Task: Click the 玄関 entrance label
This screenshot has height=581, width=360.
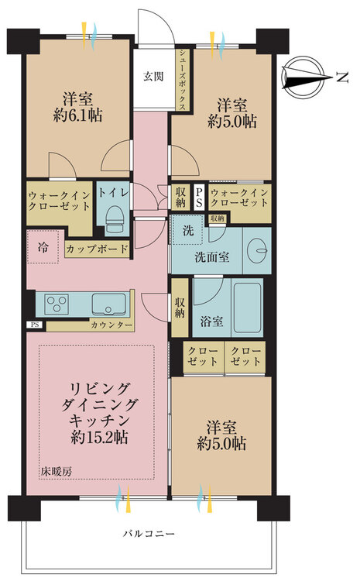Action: (x=153, y=77)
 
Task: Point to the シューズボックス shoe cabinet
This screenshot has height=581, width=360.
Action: (x=183, y=81)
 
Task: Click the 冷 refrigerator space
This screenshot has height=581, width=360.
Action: (x=43, y=247)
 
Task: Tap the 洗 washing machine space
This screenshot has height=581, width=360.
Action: (x=188, y=230)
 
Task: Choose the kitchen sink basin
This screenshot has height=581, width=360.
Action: (x=108, y=304)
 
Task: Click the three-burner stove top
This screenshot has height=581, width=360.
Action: (x=57, y=304)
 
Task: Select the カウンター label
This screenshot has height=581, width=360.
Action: (x=111, y=325)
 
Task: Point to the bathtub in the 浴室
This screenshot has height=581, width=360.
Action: (x=247, y=307)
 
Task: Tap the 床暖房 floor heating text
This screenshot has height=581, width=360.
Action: (x=57, y=472)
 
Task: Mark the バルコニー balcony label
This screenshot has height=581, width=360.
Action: (x=149, y=534)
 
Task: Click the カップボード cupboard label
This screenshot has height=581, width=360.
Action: (x=97, y=249)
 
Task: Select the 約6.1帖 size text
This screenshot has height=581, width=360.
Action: (x=77, y=115)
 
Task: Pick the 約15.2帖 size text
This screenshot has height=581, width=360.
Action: (x=99, y=438)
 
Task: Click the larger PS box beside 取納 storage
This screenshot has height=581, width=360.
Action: (x=199, y=198)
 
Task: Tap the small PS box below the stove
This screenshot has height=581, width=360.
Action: (x=35, y=325)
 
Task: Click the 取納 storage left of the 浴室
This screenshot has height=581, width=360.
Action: (x=180, y=308)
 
